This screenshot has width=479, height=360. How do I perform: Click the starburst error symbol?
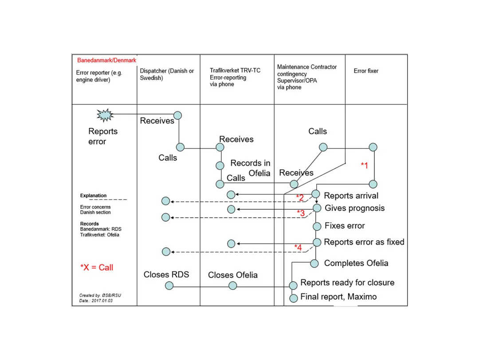click(x=105, y=115)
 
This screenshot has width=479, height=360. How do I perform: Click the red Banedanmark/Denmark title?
click(x=107, y=60)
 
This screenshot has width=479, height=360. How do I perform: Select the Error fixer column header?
click(x=366, y=71)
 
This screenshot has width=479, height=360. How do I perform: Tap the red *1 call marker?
click(x=364, y=165)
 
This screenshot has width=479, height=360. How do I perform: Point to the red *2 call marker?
click(x=300, y=198)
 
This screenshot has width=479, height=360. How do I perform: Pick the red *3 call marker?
click(x=301, y=213)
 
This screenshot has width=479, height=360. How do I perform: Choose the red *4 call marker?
click(x=298, y=247)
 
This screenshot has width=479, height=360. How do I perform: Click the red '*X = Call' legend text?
click(x=97, y=267)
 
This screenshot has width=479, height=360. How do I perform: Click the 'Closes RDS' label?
click(x=166, y=274)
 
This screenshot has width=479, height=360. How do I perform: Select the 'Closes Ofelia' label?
click(x=233, y=275)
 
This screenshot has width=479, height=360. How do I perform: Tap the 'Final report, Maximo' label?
click(x=338, y=297)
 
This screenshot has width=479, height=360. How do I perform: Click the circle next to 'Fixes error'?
click(x=317, y=226)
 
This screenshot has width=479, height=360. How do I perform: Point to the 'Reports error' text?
click(x=103, y=137)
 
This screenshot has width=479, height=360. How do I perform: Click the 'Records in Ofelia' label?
click(x=251, y=168)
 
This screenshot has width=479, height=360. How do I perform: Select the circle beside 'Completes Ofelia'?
click(x=314, y=263)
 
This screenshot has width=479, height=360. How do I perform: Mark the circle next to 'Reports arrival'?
click(x=315, y=194)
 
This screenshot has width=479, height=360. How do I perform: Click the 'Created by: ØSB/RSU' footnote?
click(x=95, y=295)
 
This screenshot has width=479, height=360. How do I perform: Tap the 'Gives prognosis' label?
click(x=355, y=208)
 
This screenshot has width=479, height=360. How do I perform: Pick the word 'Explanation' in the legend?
click(x=94, y=196)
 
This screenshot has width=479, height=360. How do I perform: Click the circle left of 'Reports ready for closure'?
click(x=293, y=285)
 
